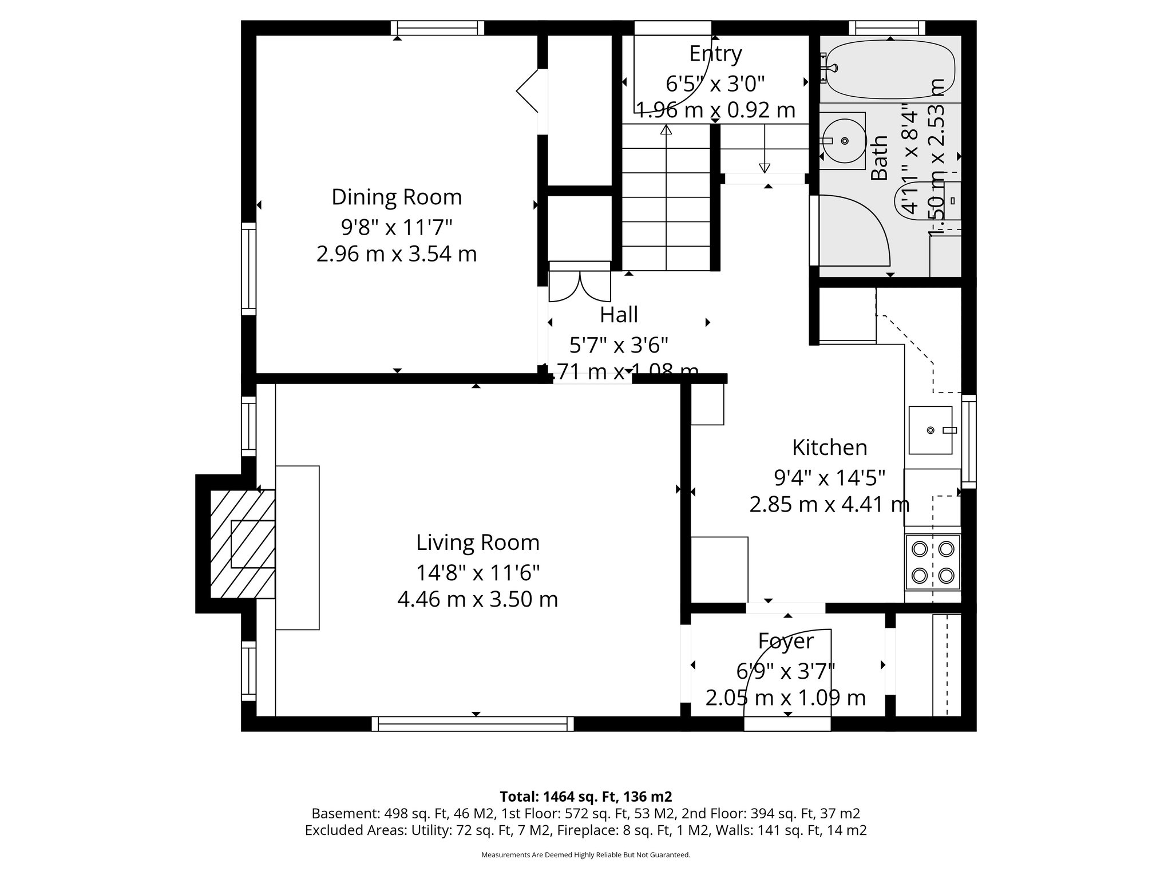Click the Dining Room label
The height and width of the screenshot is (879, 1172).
coord(397,197)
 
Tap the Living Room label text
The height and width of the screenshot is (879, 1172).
coord(477,543)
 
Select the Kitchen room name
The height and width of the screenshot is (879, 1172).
coord(829,448)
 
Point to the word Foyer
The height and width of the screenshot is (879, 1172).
coord(786,641)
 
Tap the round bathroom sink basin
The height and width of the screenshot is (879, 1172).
coord(844,141)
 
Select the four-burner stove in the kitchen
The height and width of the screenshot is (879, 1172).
coord(932,562)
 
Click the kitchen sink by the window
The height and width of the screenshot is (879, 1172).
coord(931,430)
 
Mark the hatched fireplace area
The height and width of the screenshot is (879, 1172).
coord(243,544)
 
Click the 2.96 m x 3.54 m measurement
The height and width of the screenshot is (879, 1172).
coord(397,254)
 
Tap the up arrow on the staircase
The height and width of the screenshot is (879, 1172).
coord(666,130)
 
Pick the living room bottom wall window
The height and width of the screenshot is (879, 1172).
coord(473,724)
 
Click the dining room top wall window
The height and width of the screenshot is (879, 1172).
coord(438,28)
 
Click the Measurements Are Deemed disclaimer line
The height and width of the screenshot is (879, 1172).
coord(585,855)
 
